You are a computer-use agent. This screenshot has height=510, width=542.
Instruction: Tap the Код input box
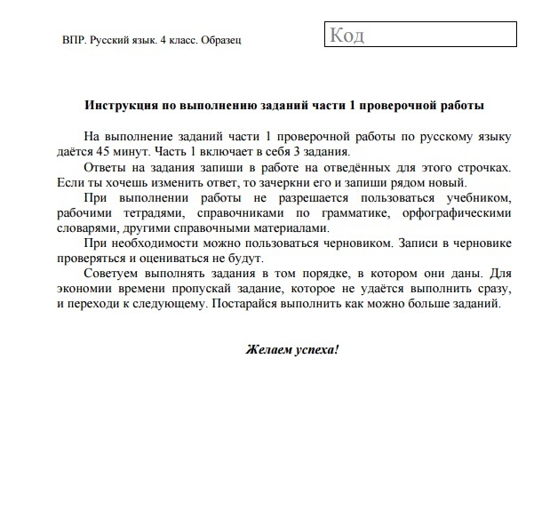418,36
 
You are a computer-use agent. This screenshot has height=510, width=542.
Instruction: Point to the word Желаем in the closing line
268,348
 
